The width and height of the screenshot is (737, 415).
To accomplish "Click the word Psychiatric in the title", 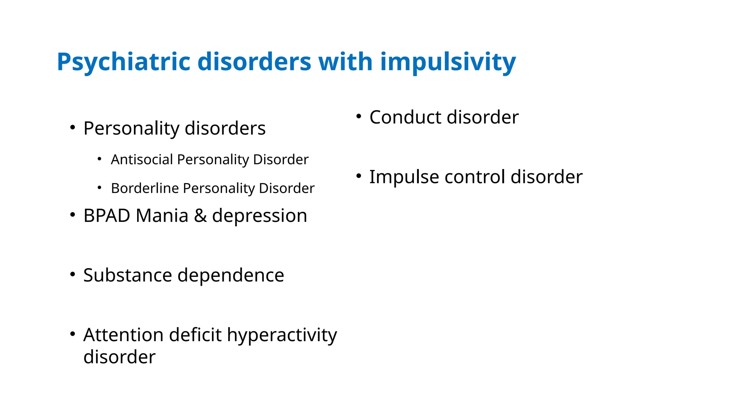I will tap(123, 62).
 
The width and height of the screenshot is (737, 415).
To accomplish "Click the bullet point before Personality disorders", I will tap(73, 128).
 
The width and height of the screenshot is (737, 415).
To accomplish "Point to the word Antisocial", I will tap(142, 159).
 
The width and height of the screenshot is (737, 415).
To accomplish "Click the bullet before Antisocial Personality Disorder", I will tap(100, 159).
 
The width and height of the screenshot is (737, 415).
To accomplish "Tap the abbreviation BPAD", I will tap(107, 216).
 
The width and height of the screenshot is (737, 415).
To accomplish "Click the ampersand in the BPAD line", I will tap(200, 216).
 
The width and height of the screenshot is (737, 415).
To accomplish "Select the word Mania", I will tap(162, 216).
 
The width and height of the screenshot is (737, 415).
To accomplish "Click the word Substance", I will tap(128, 275).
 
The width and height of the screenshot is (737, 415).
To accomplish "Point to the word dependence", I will tap(231, 275).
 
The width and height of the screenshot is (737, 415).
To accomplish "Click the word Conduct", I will tap(405, 117).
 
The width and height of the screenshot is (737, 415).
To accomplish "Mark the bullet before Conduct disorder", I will tap(358, 116).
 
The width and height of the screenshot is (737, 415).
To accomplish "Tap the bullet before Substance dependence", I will tap(73, 275).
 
